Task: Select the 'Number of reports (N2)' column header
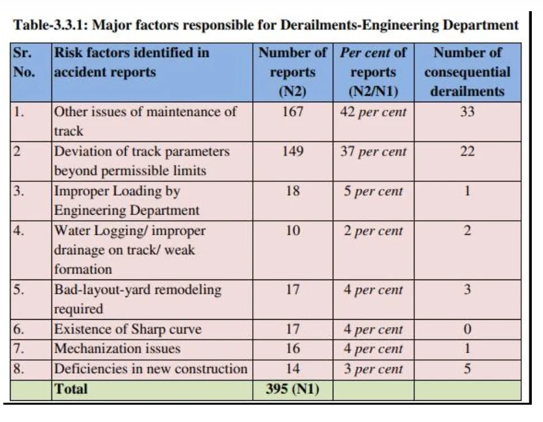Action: tap(292, 72)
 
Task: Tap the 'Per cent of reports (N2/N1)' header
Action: tap(372, 72)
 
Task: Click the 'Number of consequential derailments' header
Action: tap(467, 72)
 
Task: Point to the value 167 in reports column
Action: tap(292, 112)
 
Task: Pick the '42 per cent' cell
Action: tap(373, 112)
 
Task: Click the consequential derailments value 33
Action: tap(467, 112)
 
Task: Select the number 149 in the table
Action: tap(292, 151)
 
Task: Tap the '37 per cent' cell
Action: tap(373, 151)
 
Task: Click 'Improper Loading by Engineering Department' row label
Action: tap(126, 200)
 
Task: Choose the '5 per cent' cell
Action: tap(373, 191)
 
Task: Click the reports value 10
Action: tap(292, 231)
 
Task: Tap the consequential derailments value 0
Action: tap(467, 329)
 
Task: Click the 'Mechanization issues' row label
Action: tap(117, 349)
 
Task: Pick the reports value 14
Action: tap(292, 369)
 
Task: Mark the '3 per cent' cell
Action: tap(373, 369)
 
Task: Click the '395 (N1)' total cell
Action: tap(292, 389)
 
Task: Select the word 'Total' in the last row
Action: tap(70, 389)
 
